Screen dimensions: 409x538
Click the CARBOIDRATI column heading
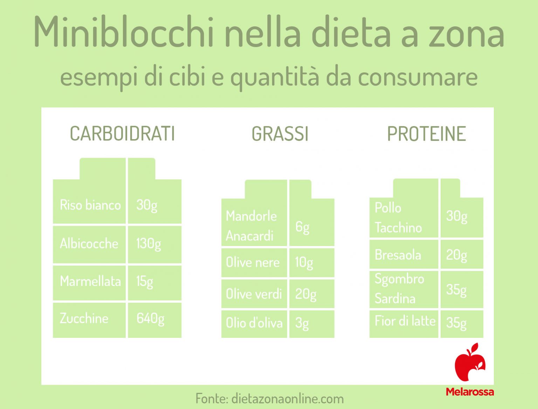[x=122, y=134]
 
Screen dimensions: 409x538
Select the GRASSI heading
[x=280, y=134]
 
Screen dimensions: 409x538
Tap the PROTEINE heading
[x=426, y=134]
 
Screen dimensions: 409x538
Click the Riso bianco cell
[x=90, y=205]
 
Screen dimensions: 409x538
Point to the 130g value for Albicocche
[x=149, y=244]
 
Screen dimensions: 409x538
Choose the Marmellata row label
[x=90, y=281]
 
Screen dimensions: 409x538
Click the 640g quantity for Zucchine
[x=150, y=319]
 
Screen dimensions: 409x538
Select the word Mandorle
[x=251, y=216]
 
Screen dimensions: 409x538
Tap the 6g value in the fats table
[x=302, y=227]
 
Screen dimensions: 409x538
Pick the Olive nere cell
[x=253, y=262]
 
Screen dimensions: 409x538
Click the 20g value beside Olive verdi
[x=305, y=294]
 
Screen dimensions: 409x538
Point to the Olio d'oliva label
[x=254, y=323]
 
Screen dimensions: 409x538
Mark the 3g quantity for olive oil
[x=302, y=323]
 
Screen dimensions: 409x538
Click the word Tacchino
[x=398, y=228]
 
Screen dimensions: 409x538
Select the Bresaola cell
[x=398, y=255]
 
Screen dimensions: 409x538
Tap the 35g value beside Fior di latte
[x=456, y=322]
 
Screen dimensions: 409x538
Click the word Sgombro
[x=399, y=279]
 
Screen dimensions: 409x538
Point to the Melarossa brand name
[x=470, y=391]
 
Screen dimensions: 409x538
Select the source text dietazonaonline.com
[x=287, y=398]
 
